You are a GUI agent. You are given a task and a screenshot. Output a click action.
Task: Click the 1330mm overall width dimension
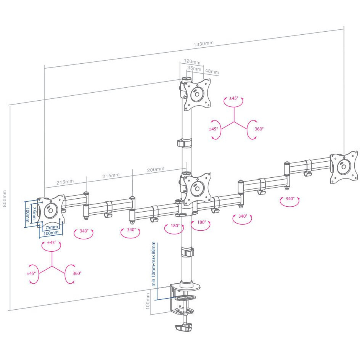[x=203, y=43]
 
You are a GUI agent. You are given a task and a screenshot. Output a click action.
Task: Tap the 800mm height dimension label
[x=4, y=199]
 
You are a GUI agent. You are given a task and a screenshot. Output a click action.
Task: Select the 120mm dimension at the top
[x=192, y=61]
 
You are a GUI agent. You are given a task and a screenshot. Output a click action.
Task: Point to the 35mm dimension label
[x=194, y=68]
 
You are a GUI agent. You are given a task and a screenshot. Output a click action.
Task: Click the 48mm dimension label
[x=212, y=71]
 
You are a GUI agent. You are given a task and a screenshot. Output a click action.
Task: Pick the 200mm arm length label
[x=156, y=170]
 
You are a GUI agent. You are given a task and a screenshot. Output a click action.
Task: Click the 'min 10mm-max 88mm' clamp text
[x=153, y=264]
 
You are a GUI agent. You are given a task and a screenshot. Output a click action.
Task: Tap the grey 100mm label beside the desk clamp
[x=148, y=301]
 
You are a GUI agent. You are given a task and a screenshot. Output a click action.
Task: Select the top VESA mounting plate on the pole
[x=197, y=94]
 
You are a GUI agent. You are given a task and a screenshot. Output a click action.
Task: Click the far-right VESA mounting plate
[x=344, y=167]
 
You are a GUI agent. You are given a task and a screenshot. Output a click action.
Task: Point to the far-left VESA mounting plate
[x=51, y=211]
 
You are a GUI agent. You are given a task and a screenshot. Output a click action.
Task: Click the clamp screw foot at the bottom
[x=183, y=327]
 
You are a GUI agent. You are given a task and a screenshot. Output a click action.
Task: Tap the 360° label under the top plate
[x=259, y=129]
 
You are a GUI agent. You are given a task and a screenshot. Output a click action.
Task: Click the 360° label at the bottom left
[x=77, y=273]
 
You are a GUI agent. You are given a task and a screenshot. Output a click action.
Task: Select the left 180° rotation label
[x=175, y=226]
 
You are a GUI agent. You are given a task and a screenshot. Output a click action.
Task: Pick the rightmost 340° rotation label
[x=290, y=199]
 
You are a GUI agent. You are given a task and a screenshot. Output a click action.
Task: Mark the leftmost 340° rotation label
[x=84, y=231]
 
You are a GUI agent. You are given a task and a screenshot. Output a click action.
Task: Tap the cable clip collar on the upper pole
[x=185, y=143]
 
